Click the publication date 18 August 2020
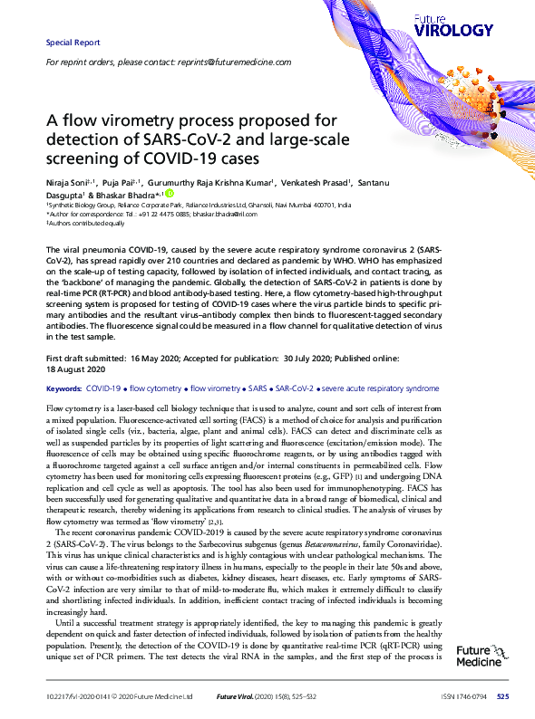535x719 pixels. click(x=78, y=370)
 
